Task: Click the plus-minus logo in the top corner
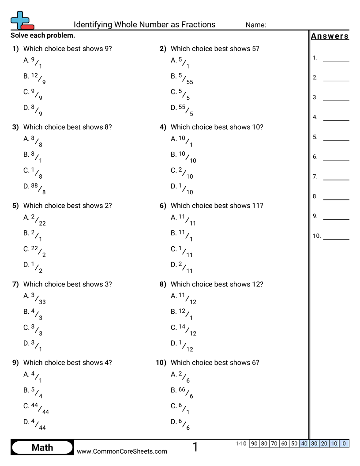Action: click(x=22, y=20)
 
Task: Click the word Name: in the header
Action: click(x=255, y=25)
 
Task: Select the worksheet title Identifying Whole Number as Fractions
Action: click(x=144, y=25)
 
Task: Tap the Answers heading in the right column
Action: click(x=330, y=36)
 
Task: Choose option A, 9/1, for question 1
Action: click(x=34, y=63)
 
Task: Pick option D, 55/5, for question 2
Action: click(x=182, y=110)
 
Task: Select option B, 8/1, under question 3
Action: click(x=34, y=157)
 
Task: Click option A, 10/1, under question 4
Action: click(x=182, y=141)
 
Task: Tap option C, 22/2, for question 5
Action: click(x=35, y=252)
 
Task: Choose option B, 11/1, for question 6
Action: click(x=182, y=236)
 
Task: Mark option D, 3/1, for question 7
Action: click(x=34, y=346)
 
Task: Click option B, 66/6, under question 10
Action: click(x=182, y=393)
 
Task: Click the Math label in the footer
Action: click(x=42, y=447)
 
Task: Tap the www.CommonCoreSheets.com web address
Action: click(x=122, y=451)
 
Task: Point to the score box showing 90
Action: click(x=254, y=443)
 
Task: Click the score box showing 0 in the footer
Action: click(x=344, y=443)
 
